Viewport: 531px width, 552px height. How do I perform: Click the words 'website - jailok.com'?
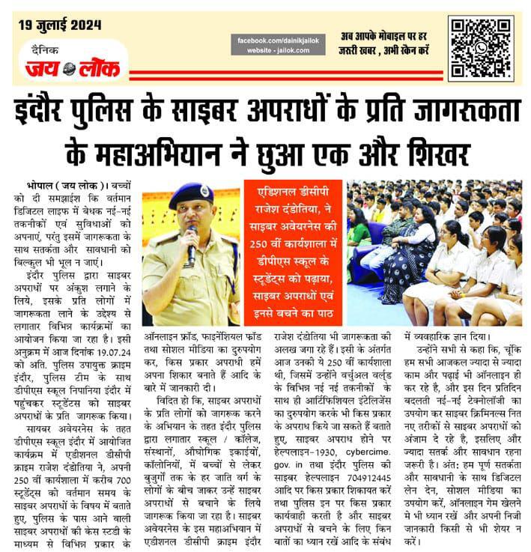point(274,50)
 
